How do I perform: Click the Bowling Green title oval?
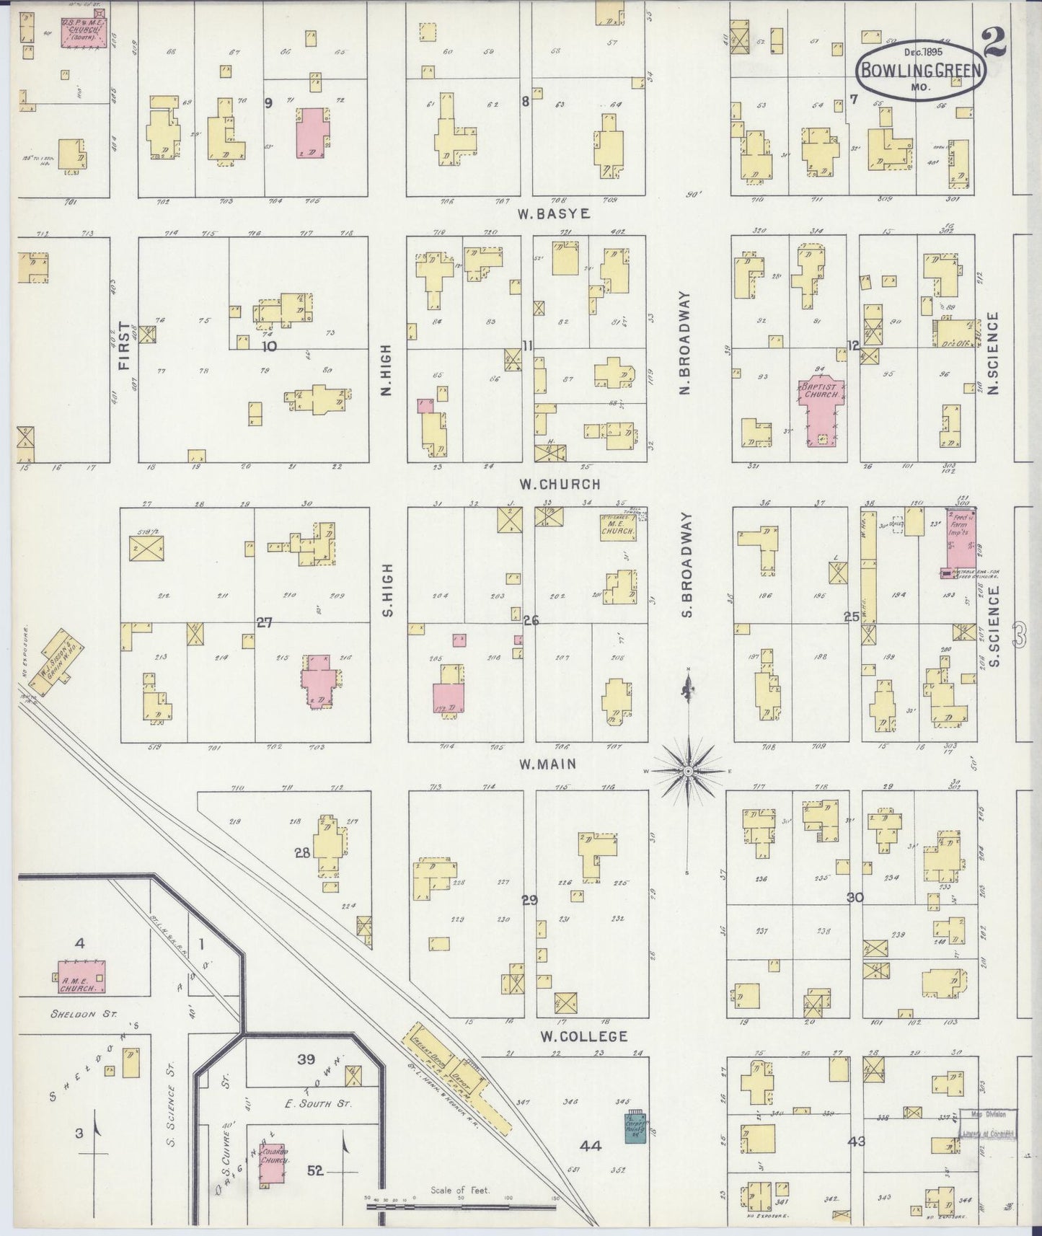(x=920, y=70)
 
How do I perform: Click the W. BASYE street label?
(x=553, y=214)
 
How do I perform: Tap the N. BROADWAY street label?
(x=684, y=343)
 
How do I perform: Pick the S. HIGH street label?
(x=387, y=590)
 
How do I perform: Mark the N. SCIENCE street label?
(x=993, y=353)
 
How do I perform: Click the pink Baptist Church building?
(x=820, y=407)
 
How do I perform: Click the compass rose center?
(x=688, y=772)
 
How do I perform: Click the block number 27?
(x=265, y=622)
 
